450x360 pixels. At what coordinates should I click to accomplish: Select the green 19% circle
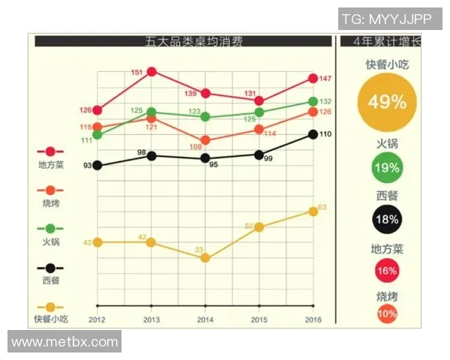pos(387,167)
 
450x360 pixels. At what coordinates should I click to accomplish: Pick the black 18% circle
pos(387,219)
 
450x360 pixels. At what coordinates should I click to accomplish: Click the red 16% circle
pos(387,271)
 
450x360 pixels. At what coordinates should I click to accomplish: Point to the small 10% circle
pos(387,314)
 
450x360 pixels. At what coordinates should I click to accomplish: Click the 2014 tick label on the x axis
pos(205,319)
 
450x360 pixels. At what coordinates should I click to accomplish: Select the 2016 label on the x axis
pos(313,319)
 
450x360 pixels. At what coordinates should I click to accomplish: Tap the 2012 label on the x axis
pos(97,319)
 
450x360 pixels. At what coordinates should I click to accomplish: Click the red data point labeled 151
pos(151,72)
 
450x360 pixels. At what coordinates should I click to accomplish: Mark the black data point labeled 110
pos(313,134)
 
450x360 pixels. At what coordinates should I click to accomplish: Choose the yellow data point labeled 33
pos(205,258)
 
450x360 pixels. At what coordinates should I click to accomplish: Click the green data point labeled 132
pos(313,101)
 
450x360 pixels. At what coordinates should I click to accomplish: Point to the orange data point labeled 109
pos(205,140)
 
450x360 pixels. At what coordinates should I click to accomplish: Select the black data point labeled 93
pos(97,165)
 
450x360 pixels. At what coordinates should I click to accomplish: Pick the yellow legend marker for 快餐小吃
pos(50,307)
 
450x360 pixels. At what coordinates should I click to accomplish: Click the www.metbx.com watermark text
pos(65,342)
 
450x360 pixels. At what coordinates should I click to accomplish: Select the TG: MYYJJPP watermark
pos(389,19)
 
